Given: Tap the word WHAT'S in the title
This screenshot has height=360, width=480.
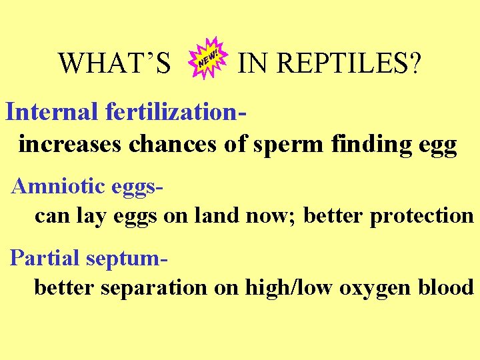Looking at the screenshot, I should point(115,64).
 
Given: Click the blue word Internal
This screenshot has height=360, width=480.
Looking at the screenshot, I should point(51,111).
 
